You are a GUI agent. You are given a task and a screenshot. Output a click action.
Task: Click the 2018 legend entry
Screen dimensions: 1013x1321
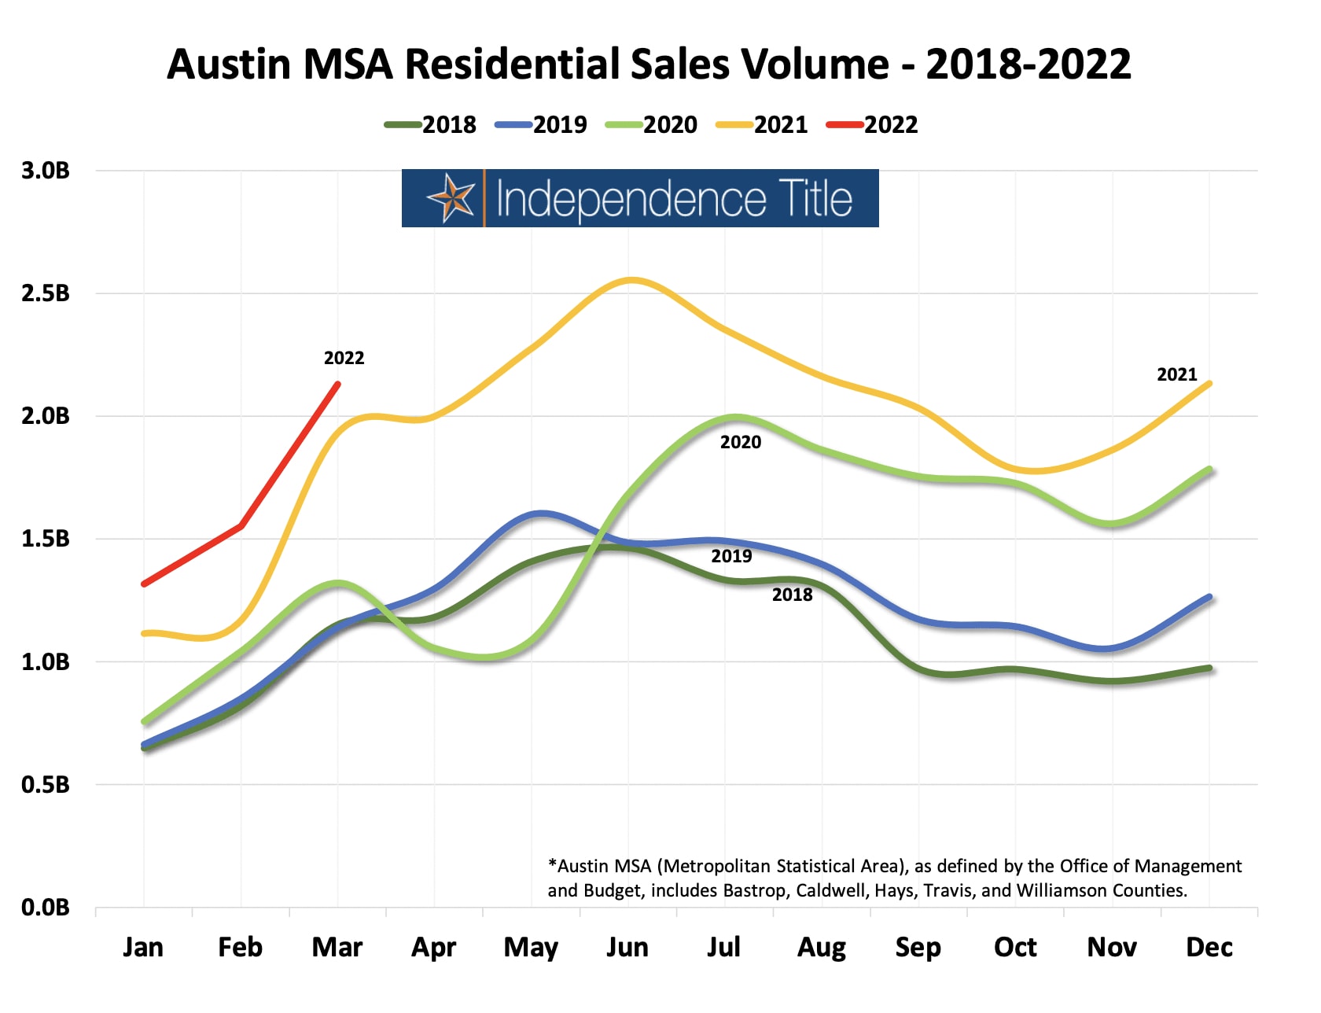431,124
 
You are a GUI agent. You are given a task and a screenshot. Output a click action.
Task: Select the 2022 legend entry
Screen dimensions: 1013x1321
873,124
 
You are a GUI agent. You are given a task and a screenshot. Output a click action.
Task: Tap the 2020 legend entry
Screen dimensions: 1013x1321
652,124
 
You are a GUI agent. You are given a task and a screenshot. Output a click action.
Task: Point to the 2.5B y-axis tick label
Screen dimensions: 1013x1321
46,293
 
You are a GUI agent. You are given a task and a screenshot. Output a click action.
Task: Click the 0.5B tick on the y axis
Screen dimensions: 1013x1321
46,784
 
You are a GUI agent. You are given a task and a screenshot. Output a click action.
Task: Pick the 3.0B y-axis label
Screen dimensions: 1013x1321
46,171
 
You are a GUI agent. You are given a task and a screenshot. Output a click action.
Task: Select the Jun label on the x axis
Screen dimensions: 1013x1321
627,947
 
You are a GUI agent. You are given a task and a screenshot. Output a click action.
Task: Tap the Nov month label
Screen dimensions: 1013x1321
1112,947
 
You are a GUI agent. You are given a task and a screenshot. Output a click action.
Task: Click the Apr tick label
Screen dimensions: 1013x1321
434,947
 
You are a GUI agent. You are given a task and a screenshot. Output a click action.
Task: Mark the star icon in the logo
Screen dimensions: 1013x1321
451,197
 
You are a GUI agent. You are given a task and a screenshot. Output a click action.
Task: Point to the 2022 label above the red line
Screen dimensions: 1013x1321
344,358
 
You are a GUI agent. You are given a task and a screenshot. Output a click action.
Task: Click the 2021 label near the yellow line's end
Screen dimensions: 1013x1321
1176,374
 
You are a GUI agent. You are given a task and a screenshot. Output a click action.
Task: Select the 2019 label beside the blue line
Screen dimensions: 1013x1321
731,556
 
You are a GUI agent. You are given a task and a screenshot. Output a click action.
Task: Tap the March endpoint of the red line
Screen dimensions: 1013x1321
338,384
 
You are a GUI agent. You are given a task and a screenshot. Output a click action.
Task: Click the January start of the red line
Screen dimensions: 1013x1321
144,584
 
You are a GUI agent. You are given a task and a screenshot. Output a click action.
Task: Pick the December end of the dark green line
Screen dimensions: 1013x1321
1209,669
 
